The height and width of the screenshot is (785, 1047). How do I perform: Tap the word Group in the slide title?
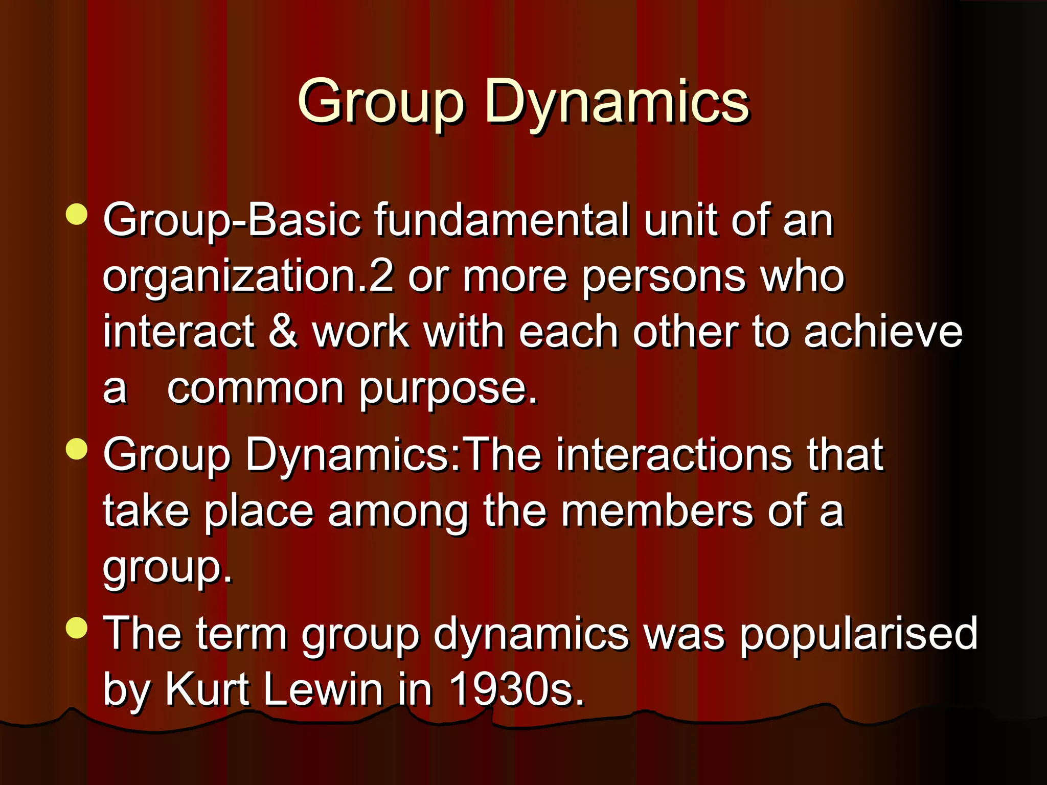[381, 102]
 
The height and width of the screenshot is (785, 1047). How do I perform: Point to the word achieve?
[883, 332]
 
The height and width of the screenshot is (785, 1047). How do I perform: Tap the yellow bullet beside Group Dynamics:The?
[77, 449]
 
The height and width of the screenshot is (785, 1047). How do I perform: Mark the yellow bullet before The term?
[77, 628]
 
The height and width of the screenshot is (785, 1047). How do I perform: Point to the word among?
[398, 512]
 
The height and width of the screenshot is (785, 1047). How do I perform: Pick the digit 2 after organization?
[381, 277]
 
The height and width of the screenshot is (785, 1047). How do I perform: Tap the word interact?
[178, 332]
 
